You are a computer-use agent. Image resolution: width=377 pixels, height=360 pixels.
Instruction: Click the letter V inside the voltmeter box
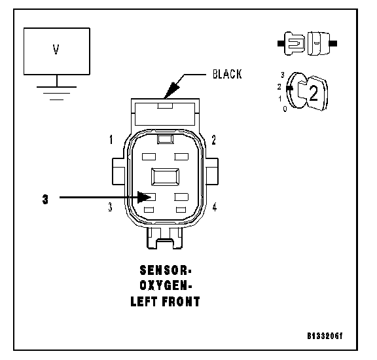56,50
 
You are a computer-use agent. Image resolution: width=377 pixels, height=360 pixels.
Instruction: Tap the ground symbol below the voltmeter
57,93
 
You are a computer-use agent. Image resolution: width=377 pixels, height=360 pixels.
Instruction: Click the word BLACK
227,74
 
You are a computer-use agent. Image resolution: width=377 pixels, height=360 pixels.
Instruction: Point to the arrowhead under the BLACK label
171,90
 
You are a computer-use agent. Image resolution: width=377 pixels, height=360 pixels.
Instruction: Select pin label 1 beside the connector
111,139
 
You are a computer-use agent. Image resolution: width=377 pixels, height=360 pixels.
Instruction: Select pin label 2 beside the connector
214,139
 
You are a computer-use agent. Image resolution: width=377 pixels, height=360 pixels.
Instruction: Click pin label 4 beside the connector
215,207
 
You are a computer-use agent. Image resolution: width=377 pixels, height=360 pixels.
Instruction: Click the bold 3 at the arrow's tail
45,200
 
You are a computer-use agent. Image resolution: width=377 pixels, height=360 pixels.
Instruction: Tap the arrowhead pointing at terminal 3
144,197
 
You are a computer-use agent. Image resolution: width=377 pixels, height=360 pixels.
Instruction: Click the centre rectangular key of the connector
165,177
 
